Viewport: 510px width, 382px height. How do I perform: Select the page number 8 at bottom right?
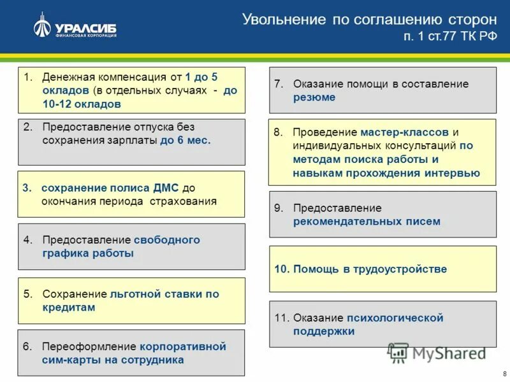point(504,373)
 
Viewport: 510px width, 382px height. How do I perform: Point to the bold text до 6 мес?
point(186,140)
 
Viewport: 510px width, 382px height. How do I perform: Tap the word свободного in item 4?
point(167,240)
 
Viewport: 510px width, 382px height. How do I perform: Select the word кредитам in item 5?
point(69,308)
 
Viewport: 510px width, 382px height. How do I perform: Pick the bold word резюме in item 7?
point(314,97)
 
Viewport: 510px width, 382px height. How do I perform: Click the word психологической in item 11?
point(395,318)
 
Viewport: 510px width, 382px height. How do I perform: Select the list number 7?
point(278,84)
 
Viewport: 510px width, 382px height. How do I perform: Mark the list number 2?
point(27,127)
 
